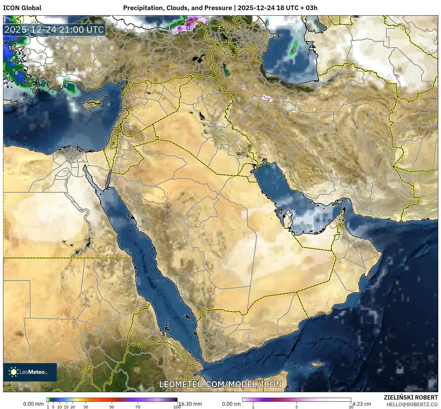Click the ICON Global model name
coord(22,8)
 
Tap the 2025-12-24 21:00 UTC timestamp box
coord(54,30)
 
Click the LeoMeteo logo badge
coord(30,372)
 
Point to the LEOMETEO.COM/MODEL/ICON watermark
coord(221,384)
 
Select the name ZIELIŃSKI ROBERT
coord(410,397)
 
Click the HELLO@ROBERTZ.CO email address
coord(412,404)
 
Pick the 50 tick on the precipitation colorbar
coord(112,407)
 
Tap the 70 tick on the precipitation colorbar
coord(138,407)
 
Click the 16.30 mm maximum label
coord(190,404)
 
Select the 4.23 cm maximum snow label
coord(362,404)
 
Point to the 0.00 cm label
coord(231,404)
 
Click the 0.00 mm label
coord(33,404)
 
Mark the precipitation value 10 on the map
coord(12,48)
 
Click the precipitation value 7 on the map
coord(66,86)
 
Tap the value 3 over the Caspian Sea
coord(293,50)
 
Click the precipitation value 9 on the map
coord(40,82)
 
